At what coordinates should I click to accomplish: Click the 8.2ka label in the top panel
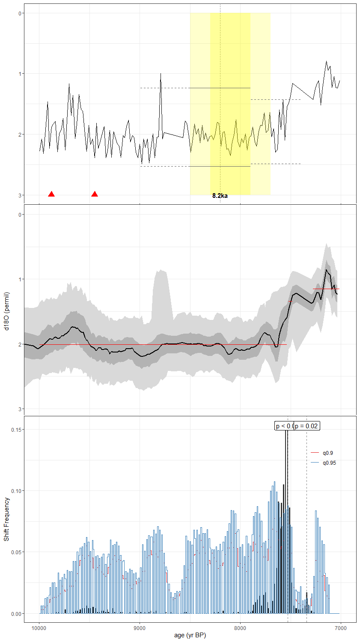tap(220, 196)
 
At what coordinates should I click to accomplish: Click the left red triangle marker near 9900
tap(51, 194)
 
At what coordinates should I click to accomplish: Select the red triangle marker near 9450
tap(95, 194)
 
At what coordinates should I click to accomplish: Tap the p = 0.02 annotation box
tap(307, 426)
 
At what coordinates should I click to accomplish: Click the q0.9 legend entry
tap(327, 453)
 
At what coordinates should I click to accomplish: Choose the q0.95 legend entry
tap(329, 463)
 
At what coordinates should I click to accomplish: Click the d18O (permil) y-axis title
tap(6, 311)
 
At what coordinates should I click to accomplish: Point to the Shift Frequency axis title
tap(6, 519)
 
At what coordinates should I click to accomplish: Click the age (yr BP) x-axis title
tap(190, 635)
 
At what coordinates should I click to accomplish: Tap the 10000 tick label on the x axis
tap(39, 628)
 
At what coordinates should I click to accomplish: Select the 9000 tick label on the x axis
tap(140, 628)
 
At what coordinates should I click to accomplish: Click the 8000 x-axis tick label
tap(240, 628)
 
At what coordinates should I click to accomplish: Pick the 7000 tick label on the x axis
tap(340, 628)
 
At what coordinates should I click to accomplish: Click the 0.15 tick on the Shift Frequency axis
tap(16, 430)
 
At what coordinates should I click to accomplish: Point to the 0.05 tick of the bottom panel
tap(16, 552)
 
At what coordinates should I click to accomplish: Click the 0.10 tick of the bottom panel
tap(16, 491)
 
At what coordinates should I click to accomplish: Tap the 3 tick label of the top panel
tap(20, 195)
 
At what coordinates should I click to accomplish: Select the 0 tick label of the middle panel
tap(20, 215)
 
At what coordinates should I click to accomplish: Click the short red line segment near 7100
tap(326, 289)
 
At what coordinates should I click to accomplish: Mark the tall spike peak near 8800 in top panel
tap(161, 74)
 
